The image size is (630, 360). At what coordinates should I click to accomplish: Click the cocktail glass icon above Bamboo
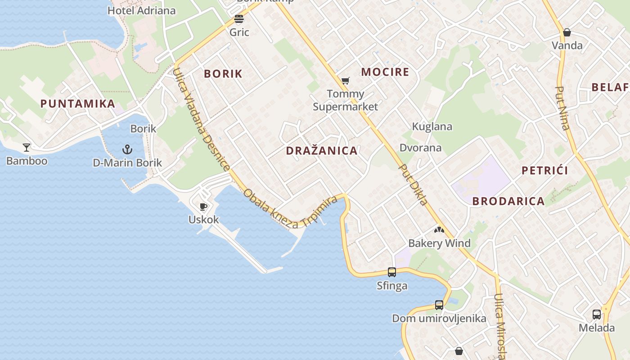click(x=27, y=147)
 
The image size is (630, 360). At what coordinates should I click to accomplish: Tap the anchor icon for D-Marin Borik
click(x=127, y=149)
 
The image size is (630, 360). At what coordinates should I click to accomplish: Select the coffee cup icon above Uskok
click(x=203, y=207)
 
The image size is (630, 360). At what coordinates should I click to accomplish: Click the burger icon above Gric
click(x=239, y=19)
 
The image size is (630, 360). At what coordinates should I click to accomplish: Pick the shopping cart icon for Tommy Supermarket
click(x=345, y=81)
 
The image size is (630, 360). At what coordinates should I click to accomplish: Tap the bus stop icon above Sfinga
click(x=392, y=272)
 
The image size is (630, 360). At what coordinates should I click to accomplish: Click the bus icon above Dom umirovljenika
click(x=439, y=305)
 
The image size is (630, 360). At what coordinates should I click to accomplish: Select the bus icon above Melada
click(x=597, y=314)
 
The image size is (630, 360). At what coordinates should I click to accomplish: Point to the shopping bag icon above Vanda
click(x=567, y=32)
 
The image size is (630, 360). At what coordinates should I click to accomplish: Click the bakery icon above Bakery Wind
click(x=439, y=230)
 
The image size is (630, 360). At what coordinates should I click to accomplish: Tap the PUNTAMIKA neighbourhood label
click(x=78, y=103)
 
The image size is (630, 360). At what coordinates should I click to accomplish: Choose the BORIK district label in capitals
click(x=223, y=74)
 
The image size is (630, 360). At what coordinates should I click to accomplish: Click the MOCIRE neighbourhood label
click(x=385, y=72)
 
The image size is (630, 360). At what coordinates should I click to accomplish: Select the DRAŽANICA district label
click(x=322, y=151)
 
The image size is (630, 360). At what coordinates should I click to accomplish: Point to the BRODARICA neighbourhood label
click(x=508, y=201)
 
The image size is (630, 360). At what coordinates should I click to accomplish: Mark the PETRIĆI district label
click(x=544, y=171)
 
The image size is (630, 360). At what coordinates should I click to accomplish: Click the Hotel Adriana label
click(x=141, y=10)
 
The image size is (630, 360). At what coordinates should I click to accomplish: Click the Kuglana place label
click(x=432, y=126)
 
